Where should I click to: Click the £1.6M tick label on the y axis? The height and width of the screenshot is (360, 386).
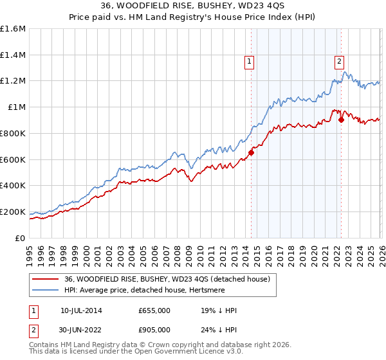pyautogui.click(x=13, y=29)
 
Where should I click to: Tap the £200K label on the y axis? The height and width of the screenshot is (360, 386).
pyautogui.click(x=13, y=212)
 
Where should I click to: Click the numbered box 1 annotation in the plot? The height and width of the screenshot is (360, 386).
pyautogui.click(x=249, y=62)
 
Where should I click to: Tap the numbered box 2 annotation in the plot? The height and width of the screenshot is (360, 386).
pyautogui.click(x=339, y=62)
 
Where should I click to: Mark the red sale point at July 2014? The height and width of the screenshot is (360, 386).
pyautogui.click(x=251, y=152)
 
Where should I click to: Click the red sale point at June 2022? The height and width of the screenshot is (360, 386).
pyautogui.click(x=341, y=119)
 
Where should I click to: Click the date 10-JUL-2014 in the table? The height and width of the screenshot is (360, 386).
pyautogui.click(x=81, y=310)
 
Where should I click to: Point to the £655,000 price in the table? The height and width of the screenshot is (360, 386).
pyautogui.click(x=154, y=310)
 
